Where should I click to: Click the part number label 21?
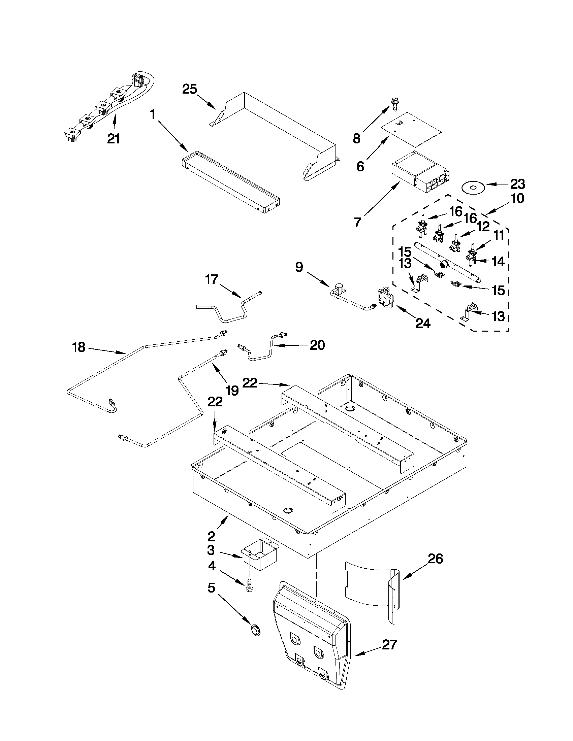114,139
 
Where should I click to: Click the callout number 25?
189,89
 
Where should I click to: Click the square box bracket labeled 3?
260,554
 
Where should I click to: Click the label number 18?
78,347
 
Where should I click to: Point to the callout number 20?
317,345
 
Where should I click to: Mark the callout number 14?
498,262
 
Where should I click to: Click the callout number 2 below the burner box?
211,536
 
